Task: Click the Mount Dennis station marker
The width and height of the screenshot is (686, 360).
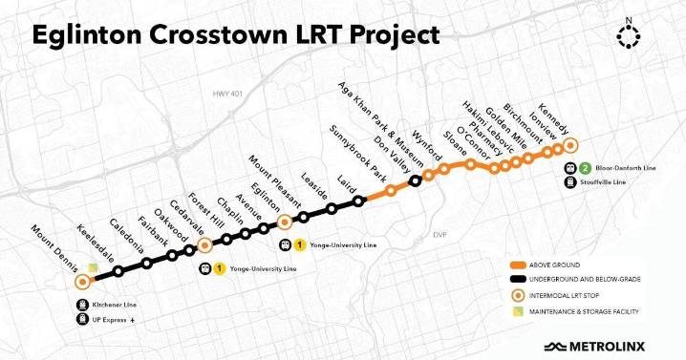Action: [x=83, y=282]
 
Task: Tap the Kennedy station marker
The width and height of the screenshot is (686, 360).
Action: [x=571, y=145]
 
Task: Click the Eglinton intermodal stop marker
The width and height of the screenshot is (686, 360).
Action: [x=285, y=222]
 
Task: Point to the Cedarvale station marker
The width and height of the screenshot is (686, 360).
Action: [x=204, y=246]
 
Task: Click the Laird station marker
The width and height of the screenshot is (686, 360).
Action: [x=359, y=201]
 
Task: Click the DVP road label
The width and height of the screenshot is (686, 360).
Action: [x=439, y=234]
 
